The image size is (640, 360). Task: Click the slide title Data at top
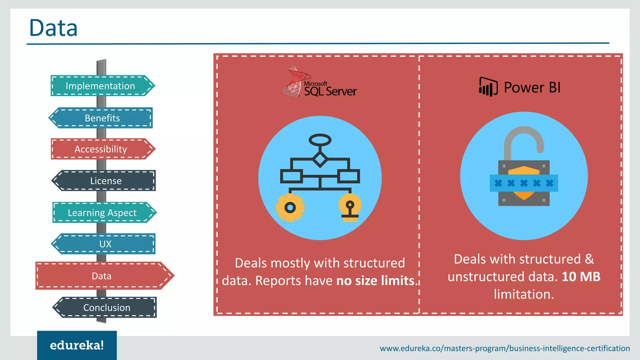pyautogui.click(x=53, y=28)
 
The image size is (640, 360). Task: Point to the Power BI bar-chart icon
pyautogui.click(x=488, y=87)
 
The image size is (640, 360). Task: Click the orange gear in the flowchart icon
pyautogui.click(x=290, y=207)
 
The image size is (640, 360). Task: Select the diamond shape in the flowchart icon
pyautogui.click(x=320, y=159)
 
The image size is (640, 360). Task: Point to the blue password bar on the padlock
pyautogui.click(x=524, y=183)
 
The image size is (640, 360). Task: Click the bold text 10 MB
pyautogui.click(x=581, y=277)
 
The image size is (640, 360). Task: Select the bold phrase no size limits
pyautogui.click(x=375, y=281)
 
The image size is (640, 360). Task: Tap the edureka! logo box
pyautogui.click(x=77, y=345)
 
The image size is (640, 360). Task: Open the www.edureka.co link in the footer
pyautogui.click(x=505, y=348)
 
